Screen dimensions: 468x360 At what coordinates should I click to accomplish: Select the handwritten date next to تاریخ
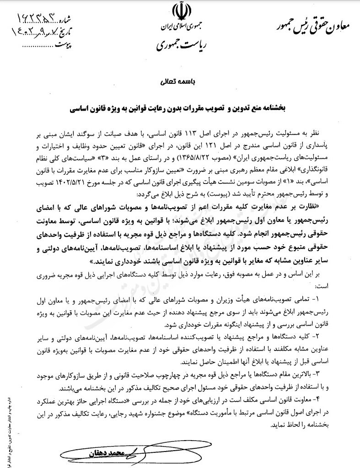tap(37, 32)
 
